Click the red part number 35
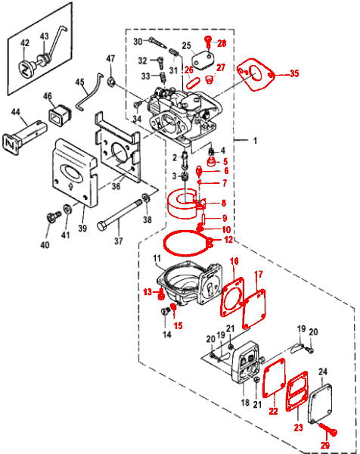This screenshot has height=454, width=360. (x=294, y=73)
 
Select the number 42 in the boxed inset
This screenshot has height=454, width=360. (x=25, y=43)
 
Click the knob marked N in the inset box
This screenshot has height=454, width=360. (x=26, y=69)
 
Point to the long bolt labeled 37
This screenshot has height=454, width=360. (x=119, y=215)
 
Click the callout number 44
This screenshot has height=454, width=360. (x=16, y=111)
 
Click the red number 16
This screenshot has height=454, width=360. (x=234, y=261)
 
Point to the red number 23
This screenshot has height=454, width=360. (x=299, y=427)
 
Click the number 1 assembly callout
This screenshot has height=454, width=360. (x=255, y=141)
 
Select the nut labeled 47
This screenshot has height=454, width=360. (x=111, y=81)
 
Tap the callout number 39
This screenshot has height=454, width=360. (x=82, y=229)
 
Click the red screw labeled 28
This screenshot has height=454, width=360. (x=208, y=42)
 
